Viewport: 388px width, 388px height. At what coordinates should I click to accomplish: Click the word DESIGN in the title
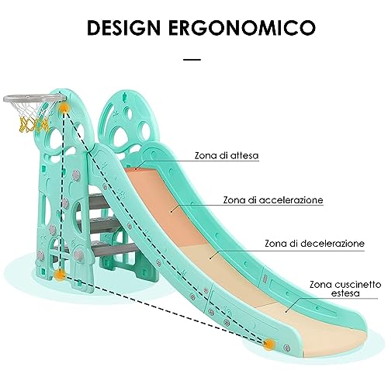[123, 27]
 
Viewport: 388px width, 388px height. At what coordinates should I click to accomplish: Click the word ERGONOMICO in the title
[242, 27]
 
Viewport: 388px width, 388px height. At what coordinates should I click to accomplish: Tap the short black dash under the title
[192, 60]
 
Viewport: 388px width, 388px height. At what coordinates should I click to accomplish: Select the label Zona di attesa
[227, 155]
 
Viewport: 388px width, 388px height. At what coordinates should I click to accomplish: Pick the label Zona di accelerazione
[273, 200]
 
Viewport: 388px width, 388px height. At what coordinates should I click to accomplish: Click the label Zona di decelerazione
[314, 244]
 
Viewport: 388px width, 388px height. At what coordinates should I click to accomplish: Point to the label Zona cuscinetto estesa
[345, 289]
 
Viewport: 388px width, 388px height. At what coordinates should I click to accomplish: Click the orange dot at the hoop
[64, 108]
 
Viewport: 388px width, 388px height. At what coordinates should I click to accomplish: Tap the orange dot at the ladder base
[60, 275]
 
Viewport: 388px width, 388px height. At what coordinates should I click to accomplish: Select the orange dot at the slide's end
[269, 344]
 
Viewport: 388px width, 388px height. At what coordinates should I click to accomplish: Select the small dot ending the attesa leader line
[136, 169]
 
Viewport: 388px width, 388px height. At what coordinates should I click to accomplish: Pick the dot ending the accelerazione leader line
[171, 212]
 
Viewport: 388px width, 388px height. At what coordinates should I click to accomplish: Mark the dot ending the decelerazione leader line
[210, 258]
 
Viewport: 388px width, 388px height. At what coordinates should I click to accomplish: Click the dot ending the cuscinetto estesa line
[286, 311]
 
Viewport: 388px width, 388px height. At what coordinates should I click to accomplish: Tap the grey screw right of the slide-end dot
[286, 348]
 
